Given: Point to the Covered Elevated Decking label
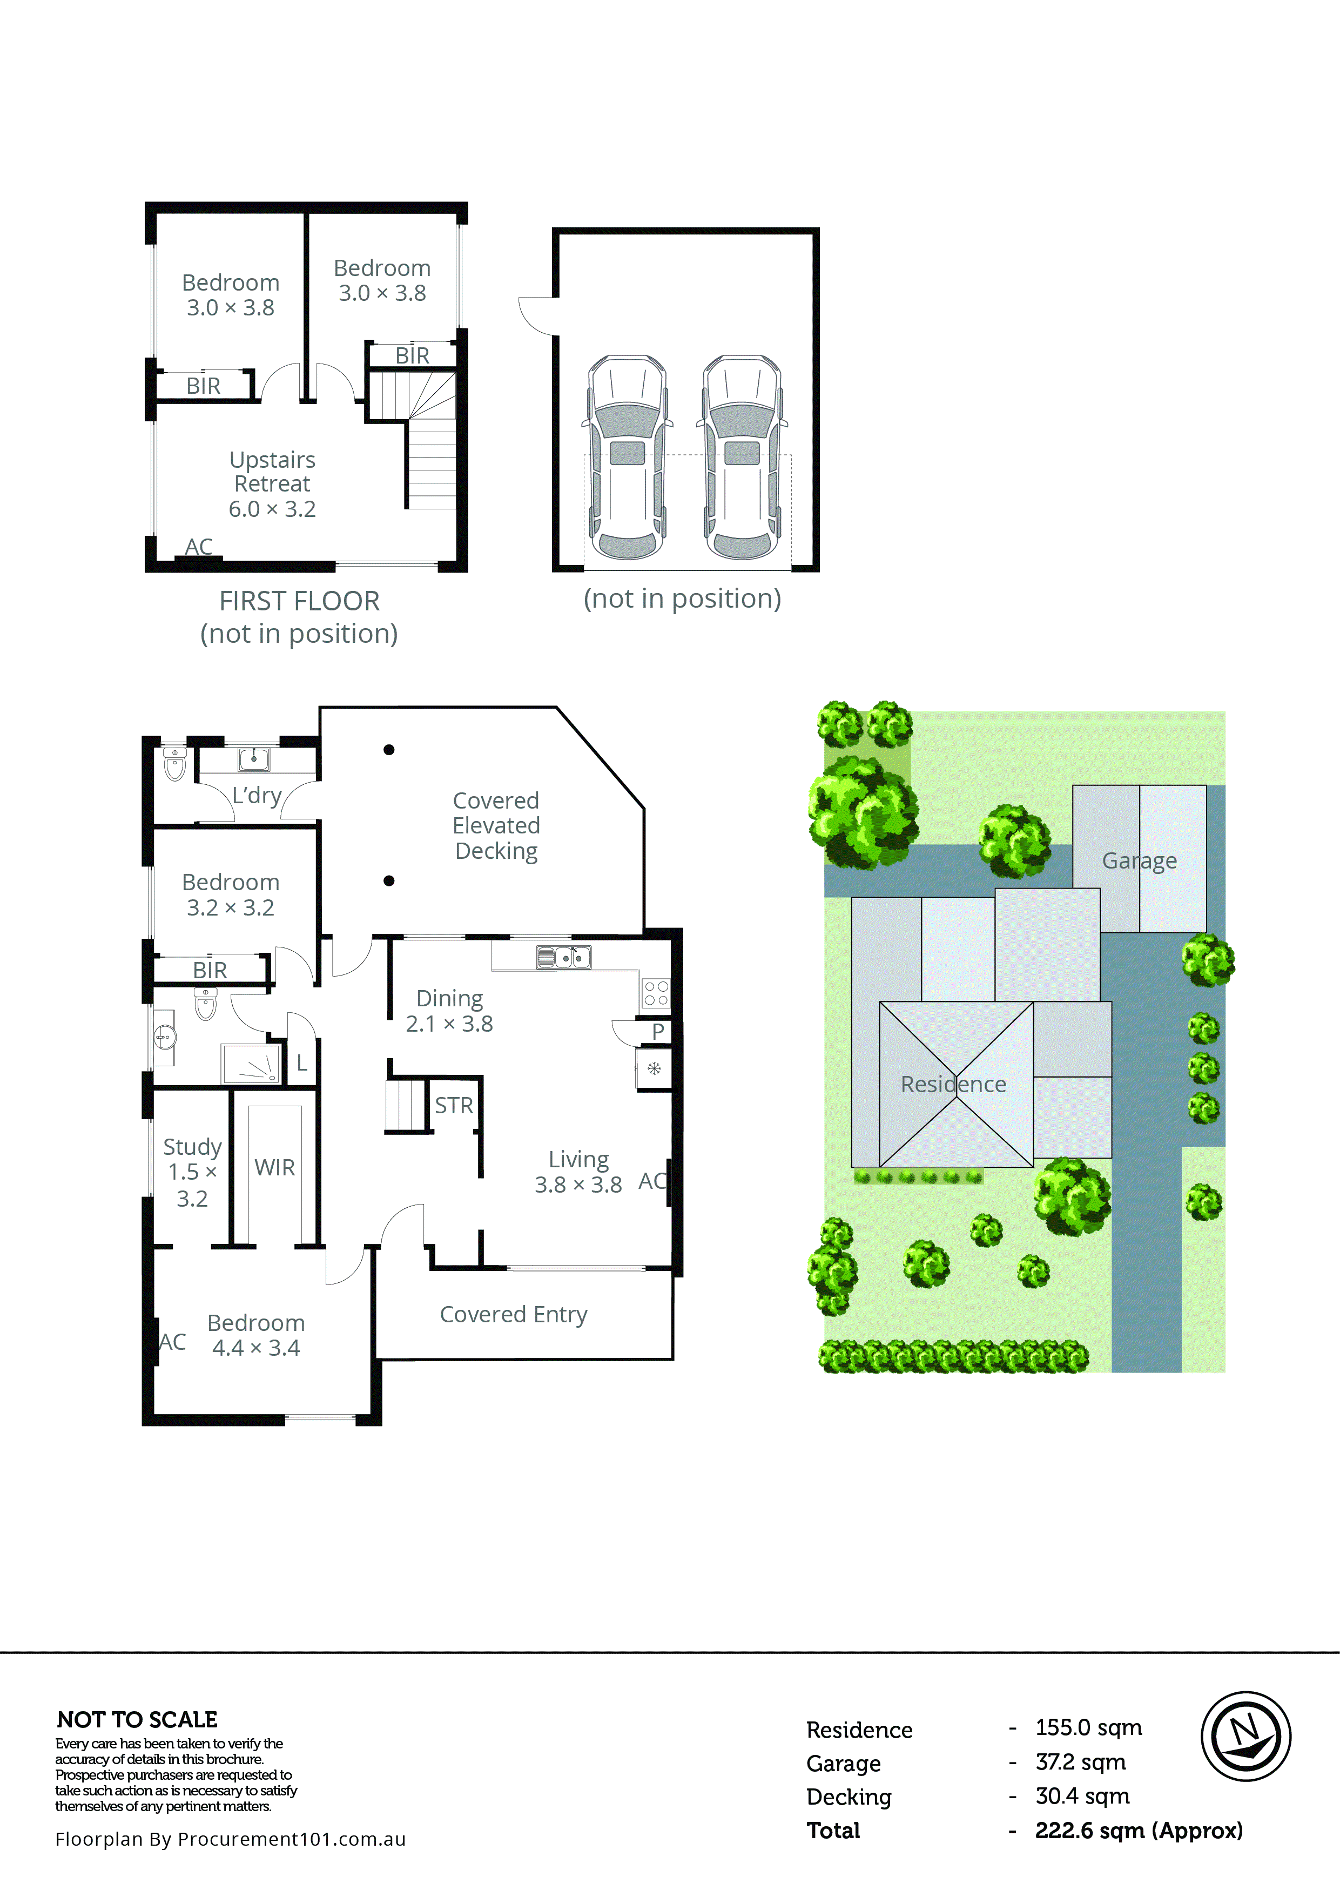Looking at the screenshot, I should tap(496, 825).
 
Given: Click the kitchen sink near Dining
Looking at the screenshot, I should tap(563, 957).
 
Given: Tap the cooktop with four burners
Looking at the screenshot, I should tap(655, 992).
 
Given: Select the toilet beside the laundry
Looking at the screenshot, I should tap(174, 764).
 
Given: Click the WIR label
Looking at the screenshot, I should tap(274, 1167).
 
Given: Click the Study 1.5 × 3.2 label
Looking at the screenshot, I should tap(192, 1172).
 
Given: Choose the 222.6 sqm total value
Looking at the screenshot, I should tap(1137, 1830).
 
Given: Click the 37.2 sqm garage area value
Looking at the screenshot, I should tap(1080, 1763).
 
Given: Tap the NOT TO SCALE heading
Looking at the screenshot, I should tap(137, 1719).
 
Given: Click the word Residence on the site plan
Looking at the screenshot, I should tap(953, 1084).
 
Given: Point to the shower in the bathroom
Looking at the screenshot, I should tap(251, 1064).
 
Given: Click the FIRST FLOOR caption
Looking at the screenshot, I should tap(299, 601).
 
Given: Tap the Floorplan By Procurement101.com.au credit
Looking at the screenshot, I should tap(231, 1839).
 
